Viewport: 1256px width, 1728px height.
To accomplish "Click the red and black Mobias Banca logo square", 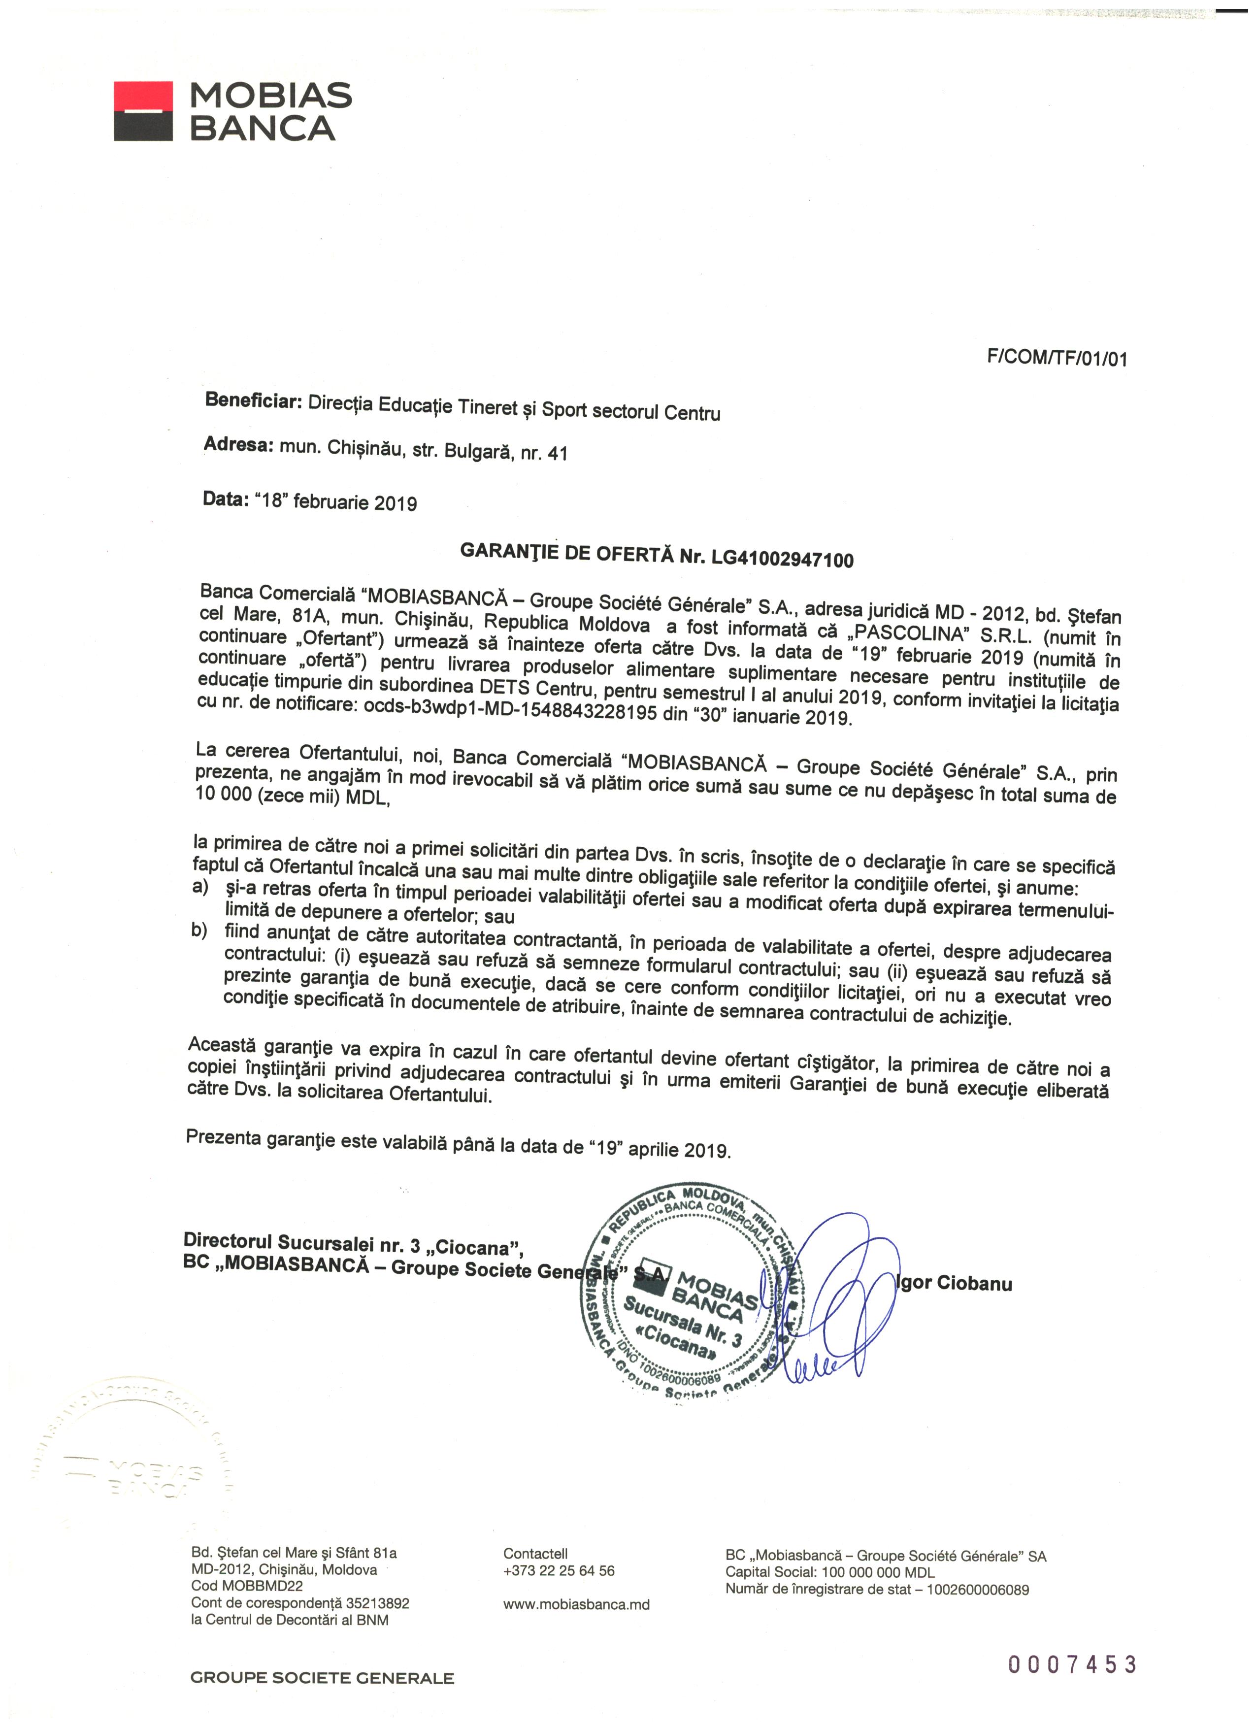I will [143, 111].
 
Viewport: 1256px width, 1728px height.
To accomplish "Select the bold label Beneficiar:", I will [254, 401].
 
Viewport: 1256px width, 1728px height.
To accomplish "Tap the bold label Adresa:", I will [238, 444].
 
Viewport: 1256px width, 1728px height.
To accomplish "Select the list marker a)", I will [200, 887].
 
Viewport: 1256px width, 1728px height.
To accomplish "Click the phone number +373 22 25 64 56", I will [559, 1570].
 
